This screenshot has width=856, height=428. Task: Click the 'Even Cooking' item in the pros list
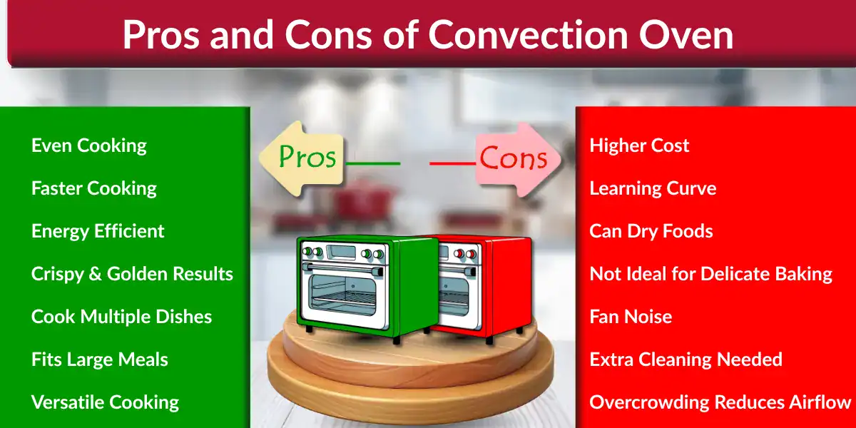pos(89,146)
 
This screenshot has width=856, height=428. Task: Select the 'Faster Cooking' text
pos(94,188)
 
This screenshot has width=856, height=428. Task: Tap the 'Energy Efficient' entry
pos(98,231)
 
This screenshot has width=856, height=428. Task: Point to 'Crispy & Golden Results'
pos(132,274)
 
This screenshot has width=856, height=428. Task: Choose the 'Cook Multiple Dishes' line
pos(121,317)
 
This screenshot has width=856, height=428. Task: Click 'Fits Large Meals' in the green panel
pos(100,360)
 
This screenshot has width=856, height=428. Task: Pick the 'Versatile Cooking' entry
pos(105,402)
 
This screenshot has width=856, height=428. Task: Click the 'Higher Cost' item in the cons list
pos(639,146)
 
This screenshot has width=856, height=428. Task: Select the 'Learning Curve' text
pos(653,188)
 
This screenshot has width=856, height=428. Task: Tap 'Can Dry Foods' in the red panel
pos(651,231)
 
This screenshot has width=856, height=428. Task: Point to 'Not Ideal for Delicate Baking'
pos(710,274)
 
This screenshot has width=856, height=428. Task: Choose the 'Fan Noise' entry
pos(631,317)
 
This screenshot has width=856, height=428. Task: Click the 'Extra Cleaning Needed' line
pos(686,360)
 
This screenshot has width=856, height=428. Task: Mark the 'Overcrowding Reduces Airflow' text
pos(720,402)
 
